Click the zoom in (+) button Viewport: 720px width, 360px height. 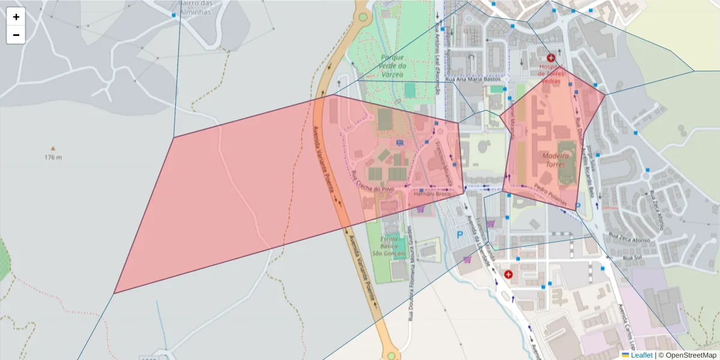pyautogui.click(x=16, y=17)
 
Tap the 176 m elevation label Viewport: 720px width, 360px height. pyautogui.click(x=53, y=158)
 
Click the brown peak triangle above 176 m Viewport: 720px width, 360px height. pyautogui.click(x=53, y=148)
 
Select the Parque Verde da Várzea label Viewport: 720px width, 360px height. pyautogui.click(x=394, y=65)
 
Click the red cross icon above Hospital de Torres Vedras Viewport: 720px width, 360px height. pyautogui.click(x=551, y=58)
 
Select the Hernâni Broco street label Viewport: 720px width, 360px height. pyautogui.click(x=432, y=194)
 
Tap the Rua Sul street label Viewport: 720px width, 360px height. pyautogui.click(x=632, y=258)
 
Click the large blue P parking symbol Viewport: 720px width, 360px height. pyautogui.click(x=461, y=235)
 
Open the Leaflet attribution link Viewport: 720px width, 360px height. pyautogui.click(x=641, y=355)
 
